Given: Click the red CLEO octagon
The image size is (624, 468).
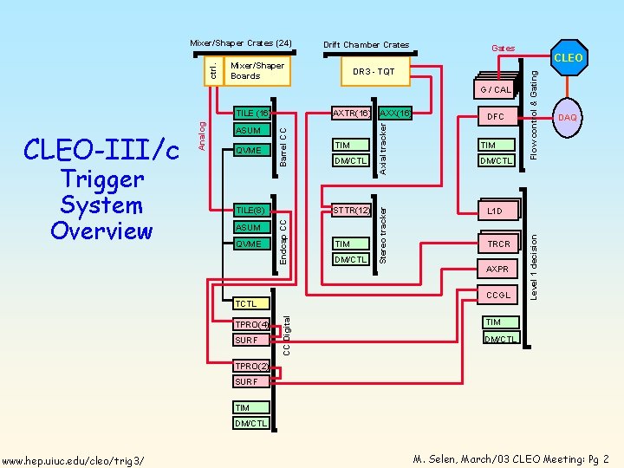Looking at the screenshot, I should [568, 58].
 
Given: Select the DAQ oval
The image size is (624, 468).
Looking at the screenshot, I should [568, 117].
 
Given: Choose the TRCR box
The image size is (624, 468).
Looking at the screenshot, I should [498, 244].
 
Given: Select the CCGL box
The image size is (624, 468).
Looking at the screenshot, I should [498, 296].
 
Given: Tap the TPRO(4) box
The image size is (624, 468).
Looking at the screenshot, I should [250, 325].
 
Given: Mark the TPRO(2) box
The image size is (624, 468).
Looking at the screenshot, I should [250, 366].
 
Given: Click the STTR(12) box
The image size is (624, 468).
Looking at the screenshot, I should [351, 210].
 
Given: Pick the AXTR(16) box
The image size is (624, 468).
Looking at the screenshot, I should [352, 113].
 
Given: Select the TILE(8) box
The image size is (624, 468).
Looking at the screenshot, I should [250, 210].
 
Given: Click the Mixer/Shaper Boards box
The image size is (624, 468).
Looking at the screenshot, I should [257, 71].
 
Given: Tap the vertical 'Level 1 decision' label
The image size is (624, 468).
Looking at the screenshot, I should [535, 264].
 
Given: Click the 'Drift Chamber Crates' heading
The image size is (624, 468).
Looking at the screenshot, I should [366, 45].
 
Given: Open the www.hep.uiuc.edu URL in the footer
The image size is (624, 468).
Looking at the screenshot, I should [73, 458].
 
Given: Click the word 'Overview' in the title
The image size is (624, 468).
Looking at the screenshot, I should [101, 231].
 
